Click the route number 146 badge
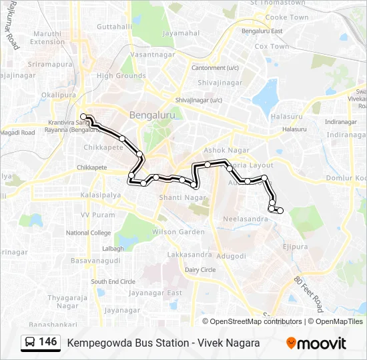(x=40, y=342)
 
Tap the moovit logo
(x=316, y=343)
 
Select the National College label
(x=88, y=233)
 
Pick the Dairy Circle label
(x=200, y=269)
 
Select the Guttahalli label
(x=114, y=27)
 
